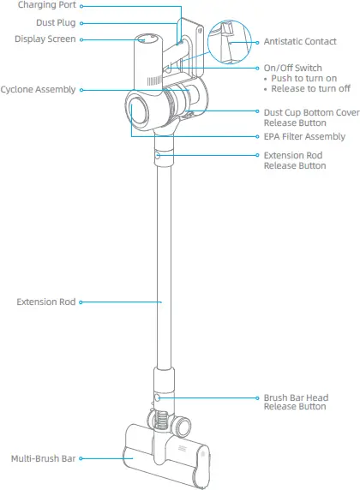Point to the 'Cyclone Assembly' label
click(38, 89)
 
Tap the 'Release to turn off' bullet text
click(309, 88)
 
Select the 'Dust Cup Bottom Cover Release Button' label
click(310, 117)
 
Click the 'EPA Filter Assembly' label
click(304, 136)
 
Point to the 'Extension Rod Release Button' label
click(294, 160)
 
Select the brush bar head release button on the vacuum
click(158, 398)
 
